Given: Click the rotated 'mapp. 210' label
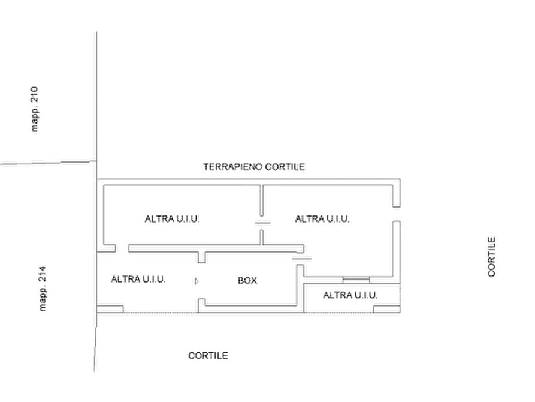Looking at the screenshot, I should pyautogui.click(x=35, y=108).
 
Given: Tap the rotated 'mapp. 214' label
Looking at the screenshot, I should pyautogui.click(x=42, y=289).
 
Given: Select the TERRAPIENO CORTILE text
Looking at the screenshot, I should pyautogui.click(x=255, y=167).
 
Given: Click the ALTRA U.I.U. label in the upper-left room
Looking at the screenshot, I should pyautogui.click(x=174, y=220).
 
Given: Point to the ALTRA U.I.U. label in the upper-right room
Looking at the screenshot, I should pyautogui.click(x=324, y=220).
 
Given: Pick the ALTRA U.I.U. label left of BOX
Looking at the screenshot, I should pyautogui.click(x=135, y=280).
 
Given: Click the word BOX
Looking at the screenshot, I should pyautogui.click(x=247, y=280).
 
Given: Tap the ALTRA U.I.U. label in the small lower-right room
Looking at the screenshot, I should pyautogui.click(x=350, y=295).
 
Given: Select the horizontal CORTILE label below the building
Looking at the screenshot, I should pyautogui.click(x=208, y=355).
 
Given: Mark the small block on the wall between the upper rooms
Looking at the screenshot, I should pyautogui.click(x=262, y=222).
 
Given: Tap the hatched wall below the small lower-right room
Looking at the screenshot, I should pyautogui.click(x=338, y=310).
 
